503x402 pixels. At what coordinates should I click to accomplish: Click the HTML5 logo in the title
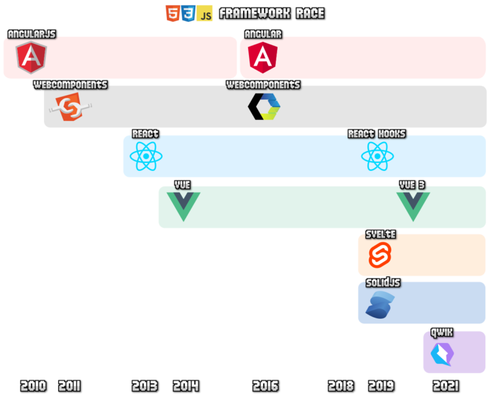(173, 13)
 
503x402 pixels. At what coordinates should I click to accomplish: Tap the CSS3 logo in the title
(189, 13)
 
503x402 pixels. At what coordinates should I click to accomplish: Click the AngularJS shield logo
(31, 58)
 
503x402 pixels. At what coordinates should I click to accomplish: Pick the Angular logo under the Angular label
(263, 58)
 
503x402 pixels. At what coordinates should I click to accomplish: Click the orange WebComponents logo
(70, 107)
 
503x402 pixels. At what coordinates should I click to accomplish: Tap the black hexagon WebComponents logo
(264, 107)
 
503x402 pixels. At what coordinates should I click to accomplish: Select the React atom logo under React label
(145, 156)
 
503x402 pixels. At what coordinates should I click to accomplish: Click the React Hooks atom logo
(377, 156)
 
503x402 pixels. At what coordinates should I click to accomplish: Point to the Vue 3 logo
(413, 205)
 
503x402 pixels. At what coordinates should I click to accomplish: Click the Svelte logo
(379, 255)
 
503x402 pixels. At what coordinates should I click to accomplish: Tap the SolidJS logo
(380, 305)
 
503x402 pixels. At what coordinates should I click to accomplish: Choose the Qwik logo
(442, 354)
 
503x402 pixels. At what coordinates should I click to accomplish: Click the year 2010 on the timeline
(33, 386)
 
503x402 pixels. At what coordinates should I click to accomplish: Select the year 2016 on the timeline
(265, 386)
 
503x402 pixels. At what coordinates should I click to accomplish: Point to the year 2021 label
(446, 386)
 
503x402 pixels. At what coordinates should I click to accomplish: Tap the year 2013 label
(145, 386)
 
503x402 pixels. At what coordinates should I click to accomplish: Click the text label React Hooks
(377, 134)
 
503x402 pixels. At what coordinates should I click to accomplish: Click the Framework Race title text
(271, 13)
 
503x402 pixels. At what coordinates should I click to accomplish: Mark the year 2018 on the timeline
(341, 386)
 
